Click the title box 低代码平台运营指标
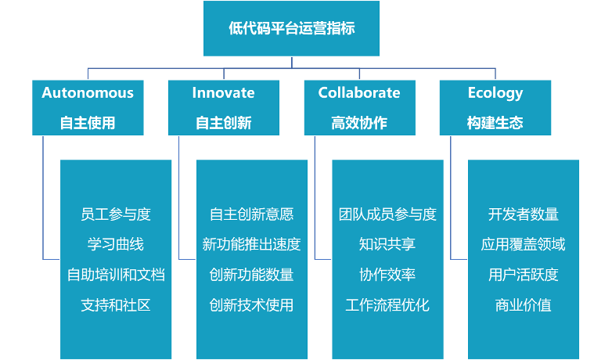pos(291,29)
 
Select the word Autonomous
pos(88,93)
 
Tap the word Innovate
pos(223,93)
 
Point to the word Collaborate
pos(358,93)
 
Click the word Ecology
pos(495,93)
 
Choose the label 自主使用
pos(88,123)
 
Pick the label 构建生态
pos(495,123)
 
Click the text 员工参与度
pos(116,214)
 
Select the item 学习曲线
pos(116,244)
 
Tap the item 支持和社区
pos(116,304)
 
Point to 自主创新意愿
pos(251,214)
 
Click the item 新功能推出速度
pos(251,244)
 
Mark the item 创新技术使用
pos(251,304)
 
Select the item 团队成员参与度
pos(387,214)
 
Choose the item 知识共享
pos(387,244)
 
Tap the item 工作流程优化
pos(387,304)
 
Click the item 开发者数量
pos(523,214)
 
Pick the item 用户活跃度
pos(523,275)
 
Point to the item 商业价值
pos(523,304)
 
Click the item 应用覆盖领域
pos(523,244)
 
